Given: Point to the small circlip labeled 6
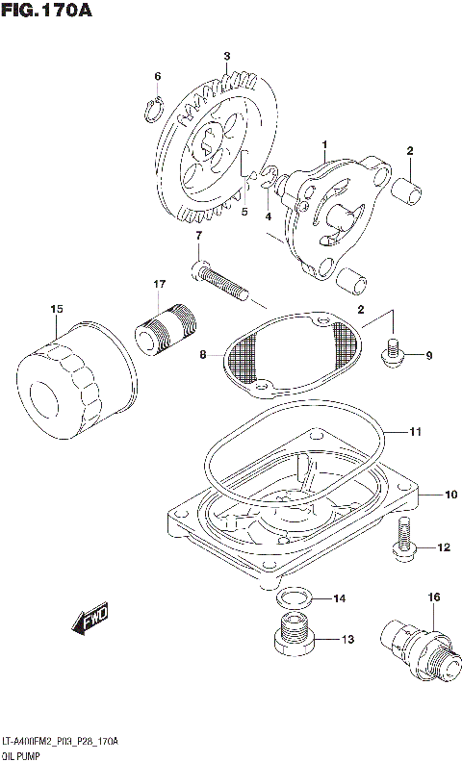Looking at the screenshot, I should [151, 112].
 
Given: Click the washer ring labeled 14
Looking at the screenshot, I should [294, 599].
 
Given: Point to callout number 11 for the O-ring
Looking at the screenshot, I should [414, 433].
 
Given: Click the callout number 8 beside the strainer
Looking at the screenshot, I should [202, 355].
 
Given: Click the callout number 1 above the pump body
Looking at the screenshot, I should [324, 144].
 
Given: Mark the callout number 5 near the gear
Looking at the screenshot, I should [244, 212].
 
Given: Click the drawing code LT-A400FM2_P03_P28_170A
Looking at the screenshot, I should [60, 741].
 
